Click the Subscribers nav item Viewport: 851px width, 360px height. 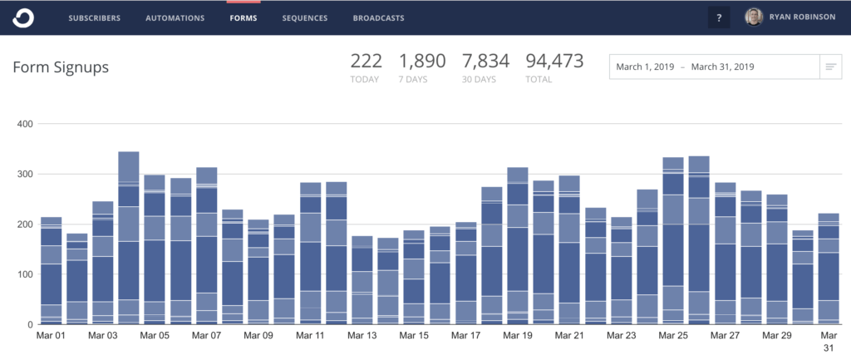click(x=94, y=17)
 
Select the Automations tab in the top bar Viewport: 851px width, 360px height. click(x=175, y=17)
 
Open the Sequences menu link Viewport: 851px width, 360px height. click(x=304, y=17)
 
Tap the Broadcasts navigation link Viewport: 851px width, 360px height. click(x=378, y=17)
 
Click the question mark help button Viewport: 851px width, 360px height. click(x=719, y=17)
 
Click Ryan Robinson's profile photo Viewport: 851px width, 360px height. click(x=754, y=17)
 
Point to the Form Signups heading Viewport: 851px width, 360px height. click(x=61, y=68)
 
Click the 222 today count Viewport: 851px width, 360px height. click(x=366, y=61)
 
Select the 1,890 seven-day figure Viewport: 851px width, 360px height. click(x=422, y=61)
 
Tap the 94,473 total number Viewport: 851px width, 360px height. click(x=554, y=61)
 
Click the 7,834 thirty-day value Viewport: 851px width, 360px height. click(x=485, y=61)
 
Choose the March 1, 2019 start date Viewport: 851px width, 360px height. click(x=646, y=67)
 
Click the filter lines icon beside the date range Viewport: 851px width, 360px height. click(x=830, y=67)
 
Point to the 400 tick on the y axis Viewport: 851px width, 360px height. click(x=23, y=125)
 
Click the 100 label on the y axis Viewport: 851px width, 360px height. click(x=23, y=274)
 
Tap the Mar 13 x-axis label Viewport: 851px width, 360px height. click(x=362, y=336)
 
